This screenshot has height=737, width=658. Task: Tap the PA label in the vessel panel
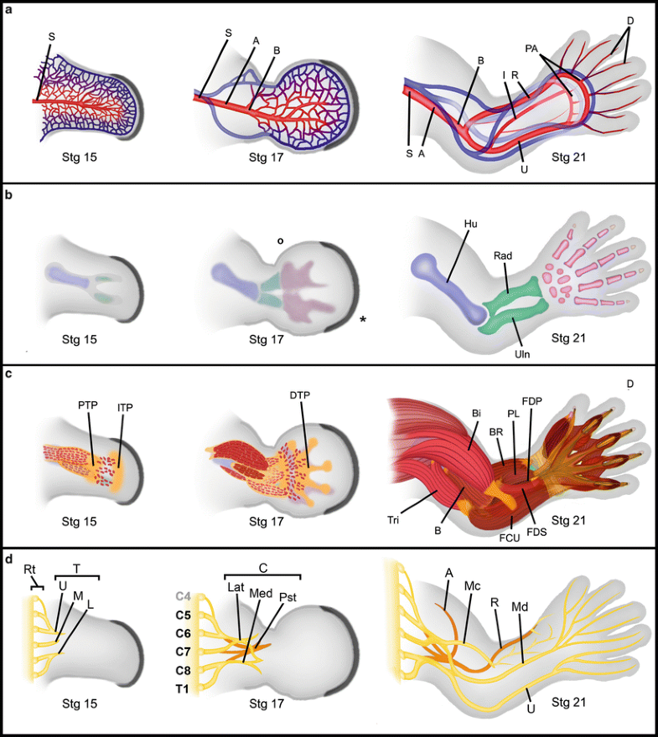[x=535, y=49]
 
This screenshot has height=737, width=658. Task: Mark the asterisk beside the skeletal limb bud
[x=363, y=320]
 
